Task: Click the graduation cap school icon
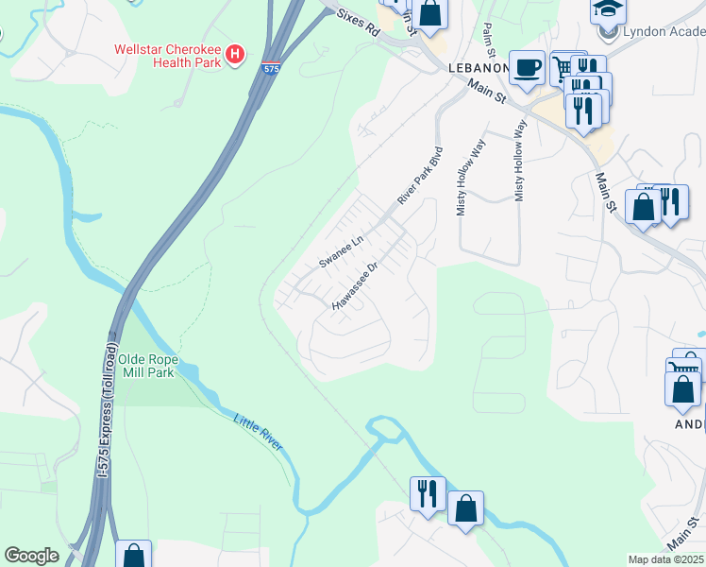coord(608,9)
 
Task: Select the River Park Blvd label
coord(420,176)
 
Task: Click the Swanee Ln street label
coord(341,253)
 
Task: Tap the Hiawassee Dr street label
coord(356,286)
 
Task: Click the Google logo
coord(31,556)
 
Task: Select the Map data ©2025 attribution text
coord(666,559)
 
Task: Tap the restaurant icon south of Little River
coord(427,492)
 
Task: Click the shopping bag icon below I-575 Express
coord(133,555)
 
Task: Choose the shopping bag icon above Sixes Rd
coord(429,12)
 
